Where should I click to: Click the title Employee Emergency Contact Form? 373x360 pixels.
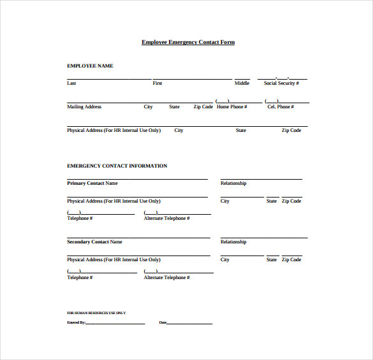tap(188, 42)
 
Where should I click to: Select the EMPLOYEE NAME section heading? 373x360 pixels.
tap(90, 66)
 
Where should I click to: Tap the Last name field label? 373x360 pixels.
tap(71, 83)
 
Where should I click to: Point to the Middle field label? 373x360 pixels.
tap(242, 83)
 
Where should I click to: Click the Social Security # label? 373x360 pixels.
tap(281, 83)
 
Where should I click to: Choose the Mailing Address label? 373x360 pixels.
tap(84, 107)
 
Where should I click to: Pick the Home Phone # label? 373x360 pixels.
tap(231, 107)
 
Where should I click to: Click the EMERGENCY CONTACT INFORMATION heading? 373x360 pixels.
tap(117, 166)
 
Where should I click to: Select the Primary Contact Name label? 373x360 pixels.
tap(92, 184)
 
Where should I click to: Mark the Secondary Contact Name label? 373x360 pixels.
tap(94, 242)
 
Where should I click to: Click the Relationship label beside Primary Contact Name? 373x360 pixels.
tap(233, 184)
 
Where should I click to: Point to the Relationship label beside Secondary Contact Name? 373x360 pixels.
tap(233, 242)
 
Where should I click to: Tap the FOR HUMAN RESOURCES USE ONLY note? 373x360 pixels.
tap(96, 313)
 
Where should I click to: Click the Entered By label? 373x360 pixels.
tap(76, 323)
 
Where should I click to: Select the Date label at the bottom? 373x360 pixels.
tap(163, 323)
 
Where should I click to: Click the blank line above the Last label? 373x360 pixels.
tap(109, 80)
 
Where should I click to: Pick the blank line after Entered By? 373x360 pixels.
tap(115, 324)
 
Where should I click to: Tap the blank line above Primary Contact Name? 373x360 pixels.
tap(137, 180)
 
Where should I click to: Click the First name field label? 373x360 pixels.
tap(157, 83)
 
